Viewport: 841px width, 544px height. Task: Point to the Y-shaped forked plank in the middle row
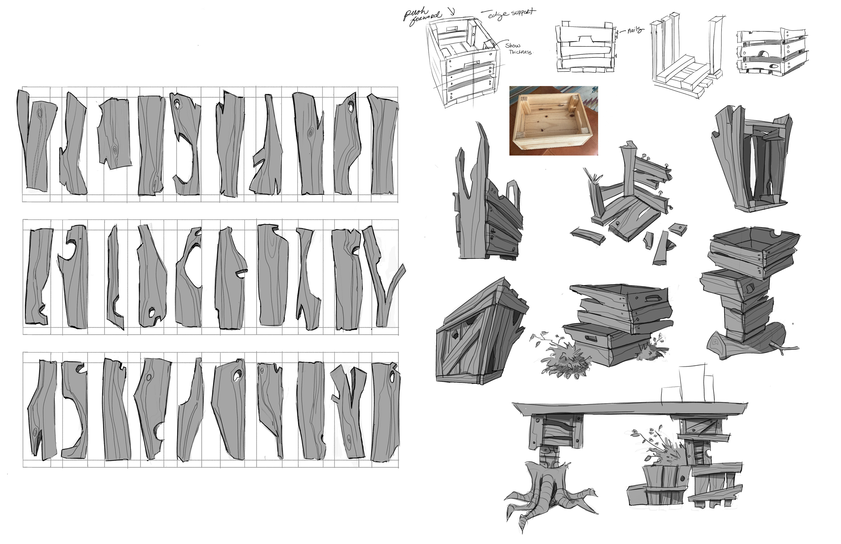[x=383, y=276]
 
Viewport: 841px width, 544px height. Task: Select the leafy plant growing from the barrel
[x=657, y=449]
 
